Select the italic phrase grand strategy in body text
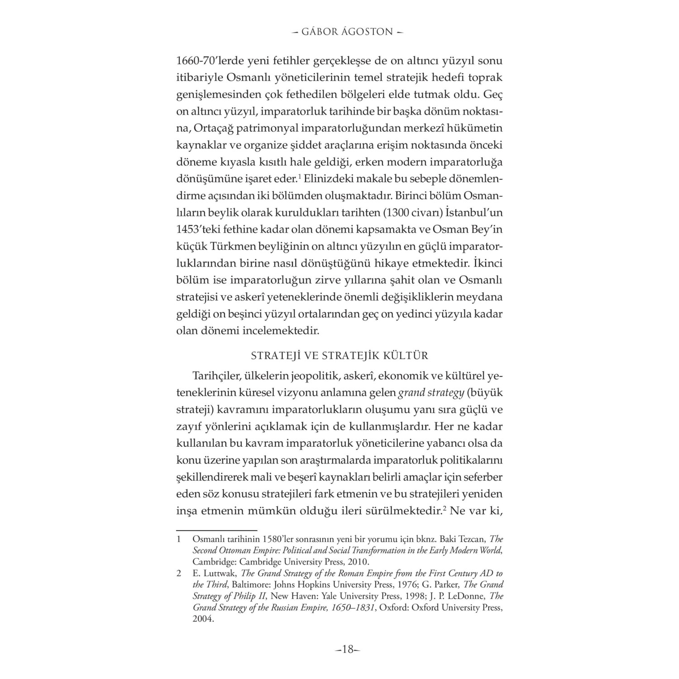(431, 393)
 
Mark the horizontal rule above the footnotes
(216, 529)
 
